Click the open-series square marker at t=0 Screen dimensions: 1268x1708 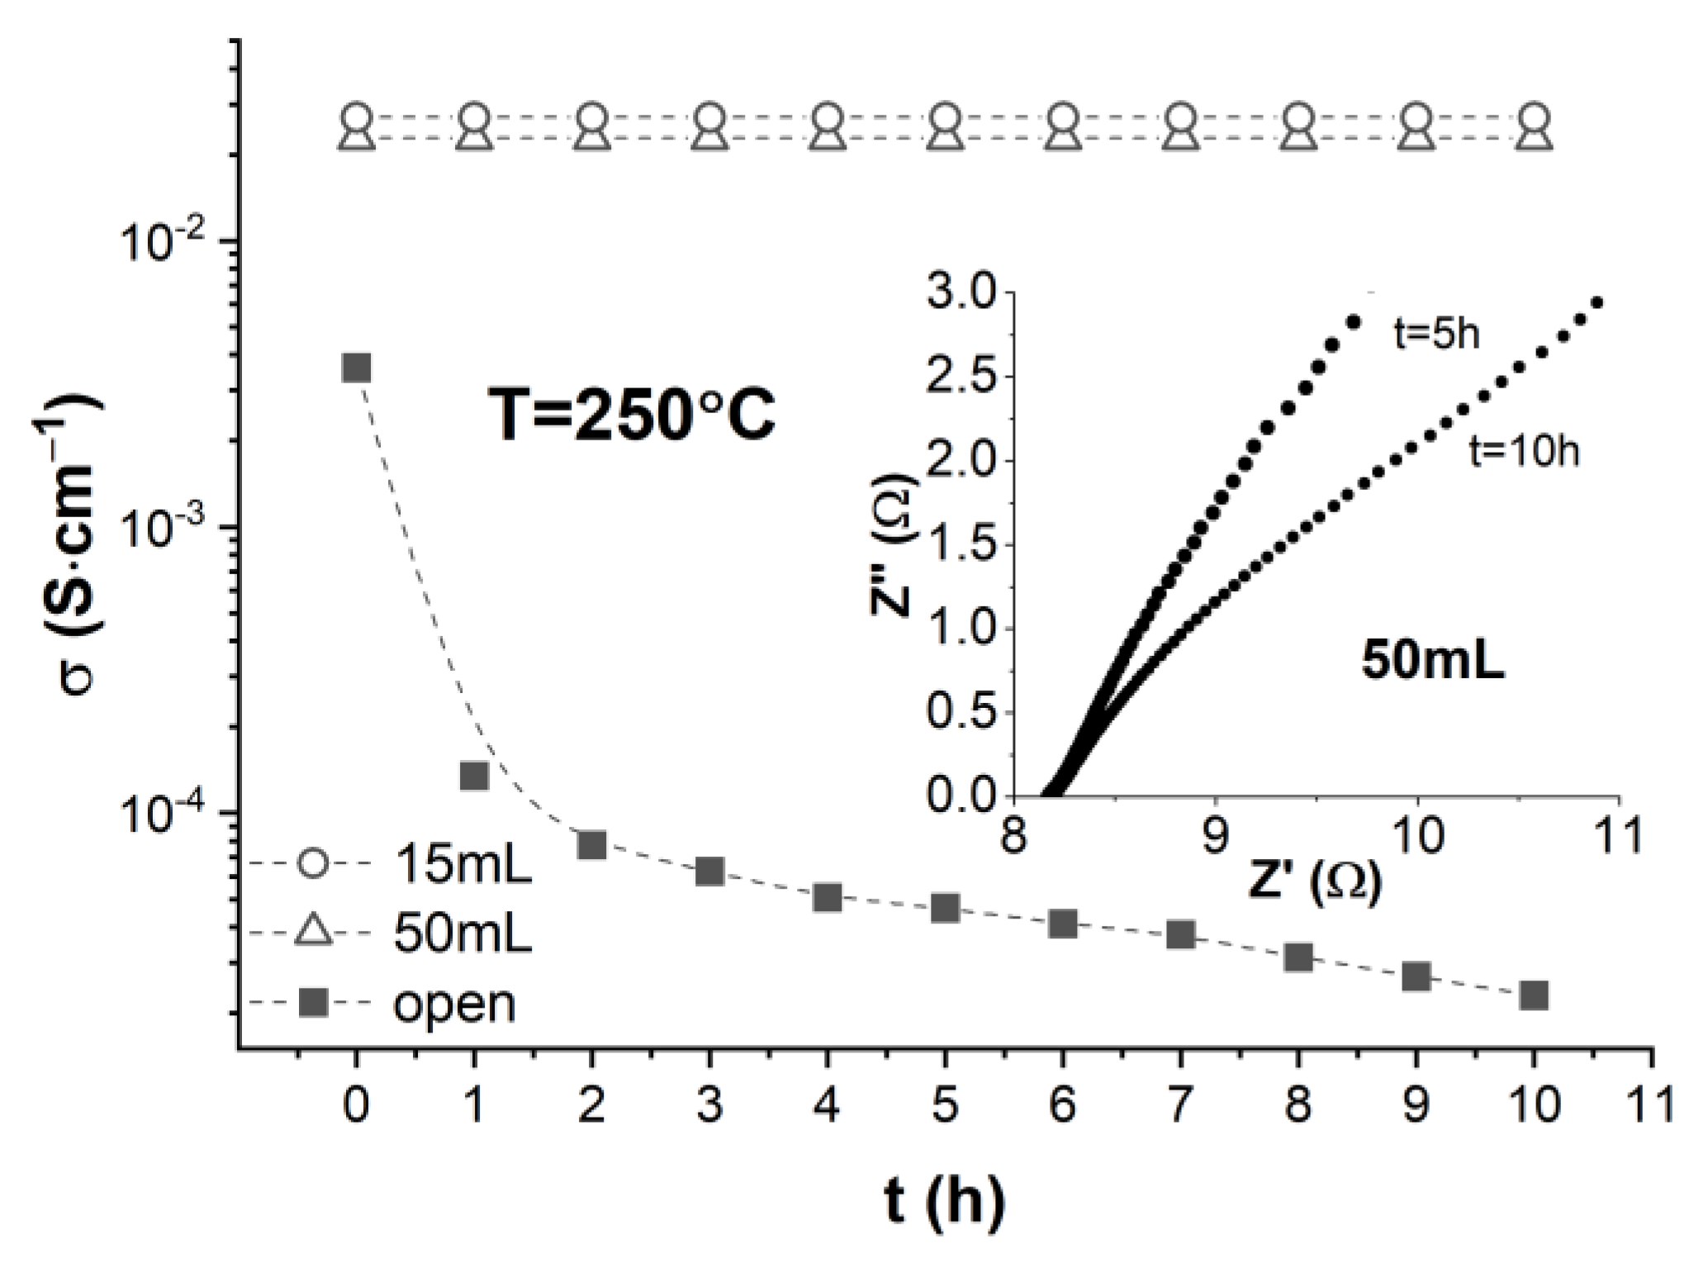356,368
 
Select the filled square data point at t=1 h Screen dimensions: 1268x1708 474,776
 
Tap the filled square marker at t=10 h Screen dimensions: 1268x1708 1534,995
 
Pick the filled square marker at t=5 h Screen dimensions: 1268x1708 945,908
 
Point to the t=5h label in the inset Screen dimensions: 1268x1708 1435,335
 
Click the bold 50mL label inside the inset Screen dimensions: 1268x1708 1433,661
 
